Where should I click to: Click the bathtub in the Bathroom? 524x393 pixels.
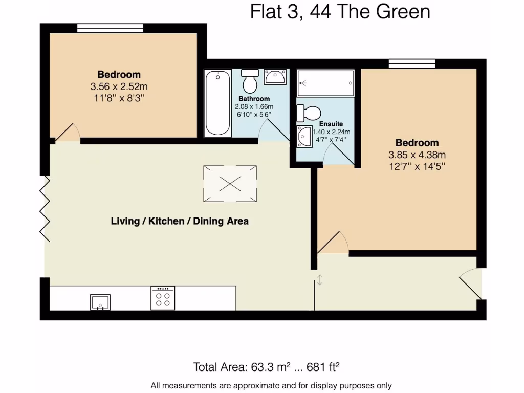pyautogui.click(x=217, y=103)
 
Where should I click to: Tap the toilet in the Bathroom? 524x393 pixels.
pyautogui.click(x=251, y=80)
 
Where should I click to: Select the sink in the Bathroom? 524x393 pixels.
pyautogui.click(x=275, y=77)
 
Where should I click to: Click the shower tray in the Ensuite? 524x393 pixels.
pyautogui.click(x=325, y=82)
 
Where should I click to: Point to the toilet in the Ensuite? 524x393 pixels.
pyautogui.click(x=309, y=113)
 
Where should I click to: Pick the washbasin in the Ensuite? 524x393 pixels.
pyautogui.click(x=305, y=137)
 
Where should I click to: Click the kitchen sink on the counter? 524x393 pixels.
pyautogui.click(x=100, y=302)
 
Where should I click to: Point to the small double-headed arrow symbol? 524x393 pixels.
pyautogui.click(x=319, y=280)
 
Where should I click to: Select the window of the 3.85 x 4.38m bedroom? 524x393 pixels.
pyautogui.click(x=411, y=63)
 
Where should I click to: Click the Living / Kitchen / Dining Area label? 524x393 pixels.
pyautogui.click(x=180, y=222)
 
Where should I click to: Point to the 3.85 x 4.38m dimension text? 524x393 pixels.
pyautogui.click(x=417, y=155)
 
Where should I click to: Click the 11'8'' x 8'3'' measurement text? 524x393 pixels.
pyautogui.click(x=119, y=98)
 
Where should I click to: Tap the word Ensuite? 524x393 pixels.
pyautogui.click(x=331, y=124)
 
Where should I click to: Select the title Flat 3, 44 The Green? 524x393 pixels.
pyautogui.click(x=340, y=11)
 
